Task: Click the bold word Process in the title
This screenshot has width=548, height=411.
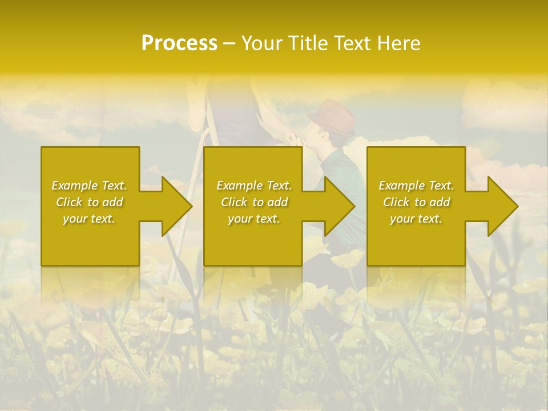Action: point(179,43)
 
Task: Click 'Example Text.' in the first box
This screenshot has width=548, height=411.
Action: point(90,186)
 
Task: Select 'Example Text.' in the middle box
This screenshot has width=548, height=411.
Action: point(254,186)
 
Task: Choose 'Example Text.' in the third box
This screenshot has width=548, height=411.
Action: point(416,186)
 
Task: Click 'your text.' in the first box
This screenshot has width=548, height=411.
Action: point(89,219)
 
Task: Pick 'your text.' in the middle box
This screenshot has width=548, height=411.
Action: point(253,219)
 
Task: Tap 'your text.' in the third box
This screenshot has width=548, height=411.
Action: point(416,219)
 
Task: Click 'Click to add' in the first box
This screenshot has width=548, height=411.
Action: point(90,202)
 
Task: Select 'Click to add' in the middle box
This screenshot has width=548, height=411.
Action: point(254,202)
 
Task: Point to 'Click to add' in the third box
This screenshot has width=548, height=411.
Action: point(416,202)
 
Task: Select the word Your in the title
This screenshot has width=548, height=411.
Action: point(262,43)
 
